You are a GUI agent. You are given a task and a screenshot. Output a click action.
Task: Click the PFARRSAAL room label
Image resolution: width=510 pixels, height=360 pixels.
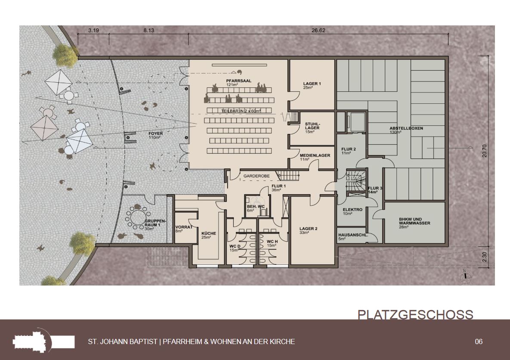point(238,81)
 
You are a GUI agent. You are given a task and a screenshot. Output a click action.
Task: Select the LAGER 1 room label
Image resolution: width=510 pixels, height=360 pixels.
point(312,84)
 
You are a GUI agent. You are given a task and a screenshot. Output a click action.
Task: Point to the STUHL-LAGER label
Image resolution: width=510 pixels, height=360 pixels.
point(312,126)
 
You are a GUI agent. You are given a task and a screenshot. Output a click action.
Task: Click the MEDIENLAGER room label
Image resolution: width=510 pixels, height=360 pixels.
point(315,155)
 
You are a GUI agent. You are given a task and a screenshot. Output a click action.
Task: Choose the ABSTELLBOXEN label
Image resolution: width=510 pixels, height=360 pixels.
point(406,128)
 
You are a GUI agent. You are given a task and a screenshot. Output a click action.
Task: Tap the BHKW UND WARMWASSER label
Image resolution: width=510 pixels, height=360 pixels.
point(414,221)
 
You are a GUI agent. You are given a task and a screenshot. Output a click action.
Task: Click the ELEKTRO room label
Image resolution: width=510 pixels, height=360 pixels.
point(352,210)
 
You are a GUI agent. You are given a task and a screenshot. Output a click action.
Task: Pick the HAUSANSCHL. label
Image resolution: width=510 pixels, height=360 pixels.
point(353,235)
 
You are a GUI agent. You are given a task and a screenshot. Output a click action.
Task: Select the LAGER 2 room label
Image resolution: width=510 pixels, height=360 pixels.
point(308,229)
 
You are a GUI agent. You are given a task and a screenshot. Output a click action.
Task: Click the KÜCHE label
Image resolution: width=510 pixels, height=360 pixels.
point(208,233)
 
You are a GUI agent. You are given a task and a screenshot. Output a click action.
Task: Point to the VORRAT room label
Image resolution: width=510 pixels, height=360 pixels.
point(184,227)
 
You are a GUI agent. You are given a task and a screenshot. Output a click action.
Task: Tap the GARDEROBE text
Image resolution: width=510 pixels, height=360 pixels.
point(257,176)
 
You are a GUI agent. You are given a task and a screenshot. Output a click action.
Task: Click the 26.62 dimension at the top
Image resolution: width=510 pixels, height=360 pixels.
point(318,31)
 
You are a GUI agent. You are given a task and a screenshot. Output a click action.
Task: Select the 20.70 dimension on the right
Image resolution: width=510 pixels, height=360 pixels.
point(485,151)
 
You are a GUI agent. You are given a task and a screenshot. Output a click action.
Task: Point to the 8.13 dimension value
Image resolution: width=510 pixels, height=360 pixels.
point(148,31)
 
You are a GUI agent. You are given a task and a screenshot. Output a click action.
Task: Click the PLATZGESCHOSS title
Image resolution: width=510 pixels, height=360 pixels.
point(415,315)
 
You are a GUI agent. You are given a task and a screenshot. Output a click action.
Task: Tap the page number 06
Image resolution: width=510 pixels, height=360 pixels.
point(479,341)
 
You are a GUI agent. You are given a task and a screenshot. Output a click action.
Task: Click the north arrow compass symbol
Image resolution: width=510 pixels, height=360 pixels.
point(465,276)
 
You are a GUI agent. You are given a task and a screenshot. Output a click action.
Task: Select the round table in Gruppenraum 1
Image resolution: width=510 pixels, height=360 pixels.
point(137,216)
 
